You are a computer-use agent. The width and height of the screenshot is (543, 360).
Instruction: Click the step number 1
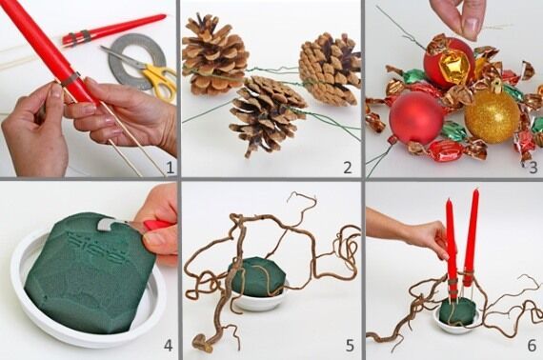[170, 168]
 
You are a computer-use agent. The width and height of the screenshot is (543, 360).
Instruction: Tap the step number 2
[348, 168]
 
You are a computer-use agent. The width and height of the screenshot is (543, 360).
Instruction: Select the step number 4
[168, 345]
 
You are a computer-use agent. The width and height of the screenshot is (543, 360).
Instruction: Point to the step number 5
[350, 345]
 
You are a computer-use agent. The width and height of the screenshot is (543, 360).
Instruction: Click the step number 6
[532, 345]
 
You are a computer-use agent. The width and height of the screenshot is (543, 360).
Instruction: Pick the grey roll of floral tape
[137, 61]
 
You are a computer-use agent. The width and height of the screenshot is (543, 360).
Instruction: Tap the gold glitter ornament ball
[492, 116]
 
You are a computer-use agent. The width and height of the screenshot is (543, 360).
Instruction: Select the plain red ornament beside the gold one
[416, 118]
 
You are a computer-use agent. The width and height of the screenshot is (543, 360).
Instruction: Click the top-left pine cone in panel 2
[214, 55]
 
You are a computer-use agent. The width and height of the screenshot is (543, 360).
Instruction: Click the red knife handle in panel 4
[157, 225]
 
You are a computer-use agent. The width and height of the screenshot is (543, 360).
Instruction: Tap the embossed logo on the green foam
[94, 247]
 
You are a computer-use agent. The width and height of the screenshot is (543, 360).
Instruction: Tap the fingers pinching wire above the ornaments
[459, 17]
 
